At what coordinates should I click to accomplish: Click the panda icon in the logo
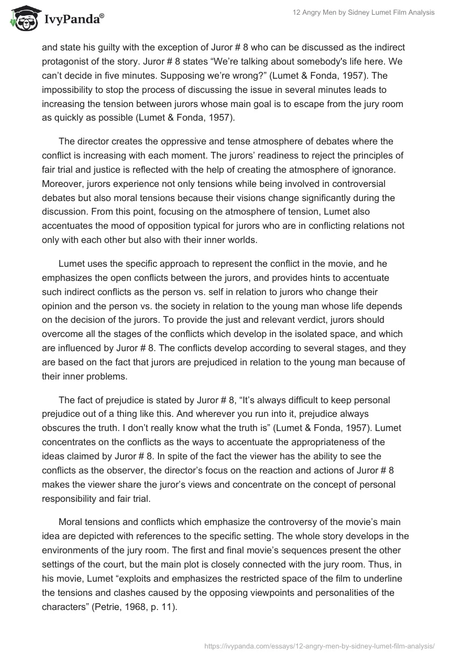pyautogui.click(x=23, y=19)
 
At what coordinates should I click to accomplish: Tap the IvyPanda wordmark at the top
pyautogui.click(x=74, y=19)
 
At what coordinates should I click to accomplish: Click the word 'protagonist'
pyautogui.click(x=67, y=61)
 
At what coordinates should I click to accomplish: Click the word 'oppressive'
pyautogui.click(x=163, y=142)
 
